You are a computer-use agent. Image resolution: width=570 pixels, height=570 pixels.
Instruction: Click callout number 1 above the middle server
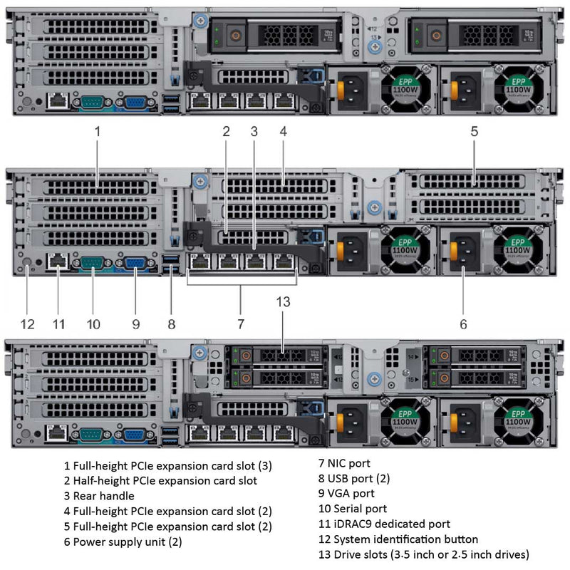[98, 131]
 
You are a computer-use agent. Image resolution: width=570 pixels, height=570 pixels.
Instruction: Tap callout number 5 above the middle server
[475, 131]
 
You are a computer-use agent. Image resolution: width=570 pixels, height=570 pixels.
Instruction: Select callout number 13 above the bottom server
[284, 301]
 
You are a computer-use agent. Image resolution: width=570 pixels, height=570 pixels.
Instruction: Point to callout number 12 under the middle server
[27, 324]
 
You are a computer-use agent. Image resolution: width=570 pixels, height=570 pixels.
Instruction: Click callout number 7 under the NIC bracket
[241, 324]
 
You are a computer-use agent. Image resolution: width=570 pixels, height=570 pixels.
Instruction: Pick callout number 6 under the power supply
[464, 324]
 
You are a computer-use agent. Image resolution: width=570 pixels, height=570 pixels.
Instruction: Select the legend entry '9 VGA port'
[346, 493]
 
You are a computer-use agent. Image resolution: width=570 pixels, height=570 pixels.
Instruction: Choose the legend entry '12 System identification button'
[398, 539]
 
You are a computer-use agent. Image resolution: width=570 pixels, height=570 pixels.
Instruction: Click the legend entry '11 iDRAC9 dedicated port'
[384, 524]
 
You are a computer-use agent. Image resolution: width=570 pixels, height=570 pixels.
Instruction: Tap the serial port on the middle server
[92, 263]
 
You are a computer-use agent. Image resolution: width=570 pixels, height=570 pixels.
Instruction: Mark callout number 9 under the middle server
[135, 324]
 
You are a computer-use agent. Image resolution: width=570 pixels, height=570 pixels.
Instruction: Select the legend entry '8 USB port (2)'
[353, 478]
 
